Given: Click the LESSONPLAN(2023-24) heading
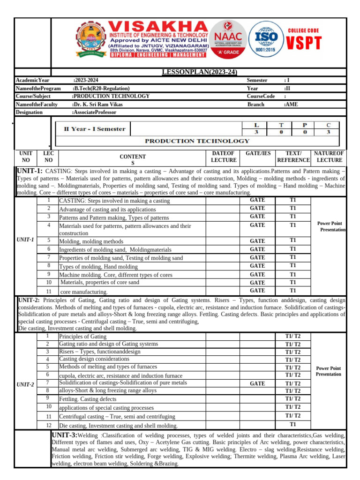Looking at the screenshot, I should click(199, 72).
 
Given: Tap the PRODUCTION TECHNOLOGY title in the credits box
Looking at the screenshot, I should click(196, 141).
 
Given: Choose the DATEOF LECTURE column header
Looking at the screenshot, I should click(223, 157).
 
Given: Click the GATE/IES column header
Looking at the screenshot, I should click(258, 153).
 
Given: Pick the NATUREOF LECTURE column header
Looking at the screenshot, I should click(329, 157).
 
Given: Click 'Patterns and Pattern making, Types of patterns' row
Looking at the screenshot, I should click(114, 218).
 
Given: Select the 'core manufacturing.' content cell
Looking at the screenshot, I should click(84, 292).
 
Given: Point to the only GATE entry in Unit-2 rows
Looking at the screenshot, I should click(257, 383).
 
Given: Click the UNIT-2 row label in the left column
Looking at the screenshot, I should click(25, 384).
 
